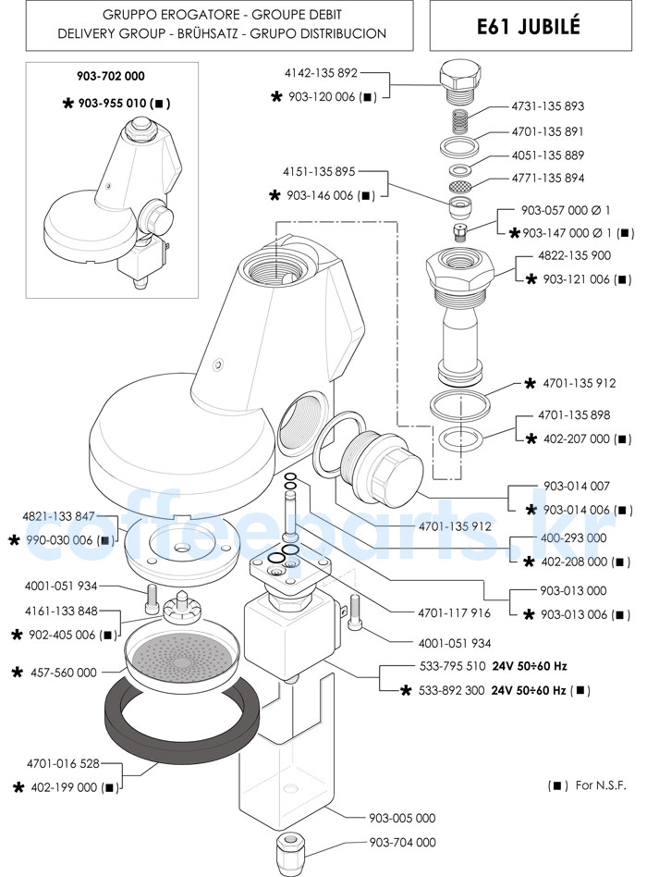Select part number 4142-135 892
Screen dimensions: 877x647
(x=322, y=72)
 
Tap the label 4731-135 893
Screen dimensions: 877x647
(x=547, y=106)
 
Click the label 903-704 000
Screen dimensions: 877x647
(x=402, y=843)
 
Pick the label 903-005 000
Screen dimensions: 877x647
(x=402, y=818)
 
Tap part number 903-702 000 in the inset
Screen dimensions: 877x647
(x=111, y=76)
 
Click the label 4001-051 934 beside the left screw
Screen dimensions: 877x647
(x=62, y=587)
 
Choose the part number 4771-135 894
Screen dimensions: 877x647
(x=547, y=178)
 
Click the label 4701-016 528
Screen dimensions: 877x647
(x=62, y=764)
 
